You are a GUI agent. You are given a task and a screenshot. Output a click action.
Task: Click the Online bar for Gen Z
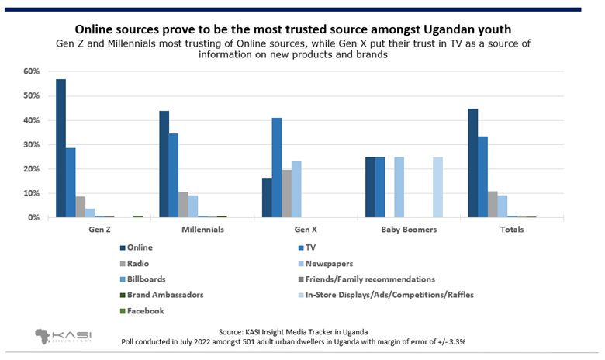click(60, 148)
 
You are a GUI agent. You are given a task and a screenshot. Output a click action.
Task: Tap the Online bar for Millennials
click(164, 164)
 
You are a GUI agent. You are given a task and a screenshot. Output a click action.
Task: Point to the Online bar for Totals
click(473, 163)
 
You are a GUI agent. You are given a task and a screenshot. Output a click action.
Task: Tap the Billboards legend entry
click(150, 279)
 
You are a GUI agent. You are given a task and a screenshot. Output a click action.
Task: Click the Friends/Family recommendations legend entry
click(372, 279)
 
